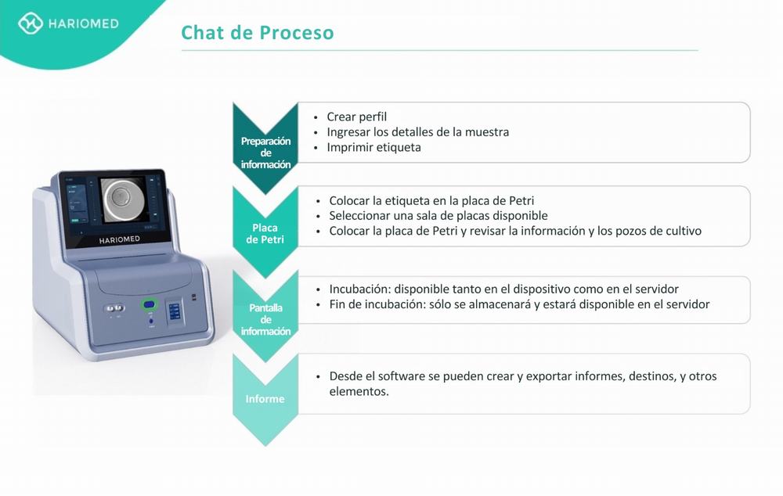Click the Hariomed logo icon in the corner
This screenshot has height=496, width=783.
tap(30, 23)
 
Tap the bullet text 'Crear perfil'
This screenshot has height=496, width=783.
tap(356, 117)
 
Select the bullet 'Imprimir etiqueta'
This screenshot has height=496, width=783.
tap(373, 147)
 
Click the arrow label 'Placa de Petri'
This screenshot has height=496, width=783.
tap(265, 234)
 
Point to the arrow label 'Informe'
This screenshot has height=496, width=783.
tap(265, 399)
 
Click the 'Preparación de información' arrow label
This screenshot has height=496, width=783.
tap(265, 153)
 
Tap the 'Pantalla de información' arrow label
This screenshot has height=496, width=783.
tap(265, 319)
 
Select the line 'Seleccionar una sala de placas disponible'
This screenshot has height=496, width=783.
tap(438, 216)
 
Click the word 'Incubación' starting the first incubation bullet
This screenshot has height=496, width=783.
tap(359, 289)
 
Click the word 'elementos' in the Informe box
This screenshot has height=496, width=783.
tap(358, 391)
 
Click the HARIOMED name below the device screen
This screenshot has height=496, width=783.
tap(119, 239)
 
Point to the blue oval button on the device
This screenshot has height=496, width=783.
tap(149, 304)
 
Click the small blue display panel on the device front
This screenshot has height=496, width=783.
tap(174, 311)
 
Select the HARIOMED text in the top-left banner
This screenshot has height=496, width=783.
tap(84, 23)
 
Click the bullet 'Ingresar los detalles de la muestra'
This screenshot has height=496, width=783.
tap(417, 132)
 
